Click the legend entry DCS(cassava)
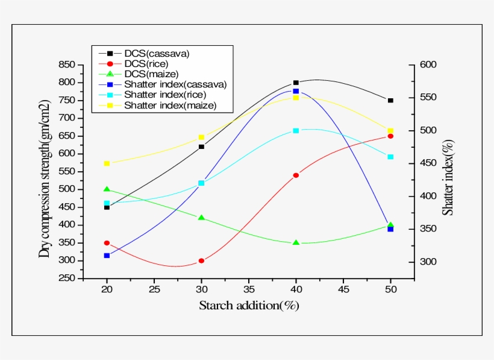[156, 53]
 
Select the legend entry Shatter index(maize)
[170, 106]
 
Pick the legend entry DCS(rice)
[146, 63]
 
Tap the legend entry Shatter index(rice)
[165, 95]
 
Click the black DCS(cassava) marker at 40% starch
[296, 83]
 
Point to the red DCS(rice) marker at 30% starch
[201, 261]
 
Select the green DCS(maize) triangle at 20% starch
[107, 189]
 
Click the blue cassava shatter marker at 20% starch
[107, 256]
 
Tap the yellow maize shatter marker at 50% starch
[390, 130]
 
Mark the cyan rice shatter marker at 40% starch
[296, 130]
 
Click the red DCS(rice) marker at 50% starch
[390, 136]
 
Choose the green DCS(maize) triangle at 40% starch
[296, 242]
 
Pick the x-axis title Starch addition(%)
[249, 306]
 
